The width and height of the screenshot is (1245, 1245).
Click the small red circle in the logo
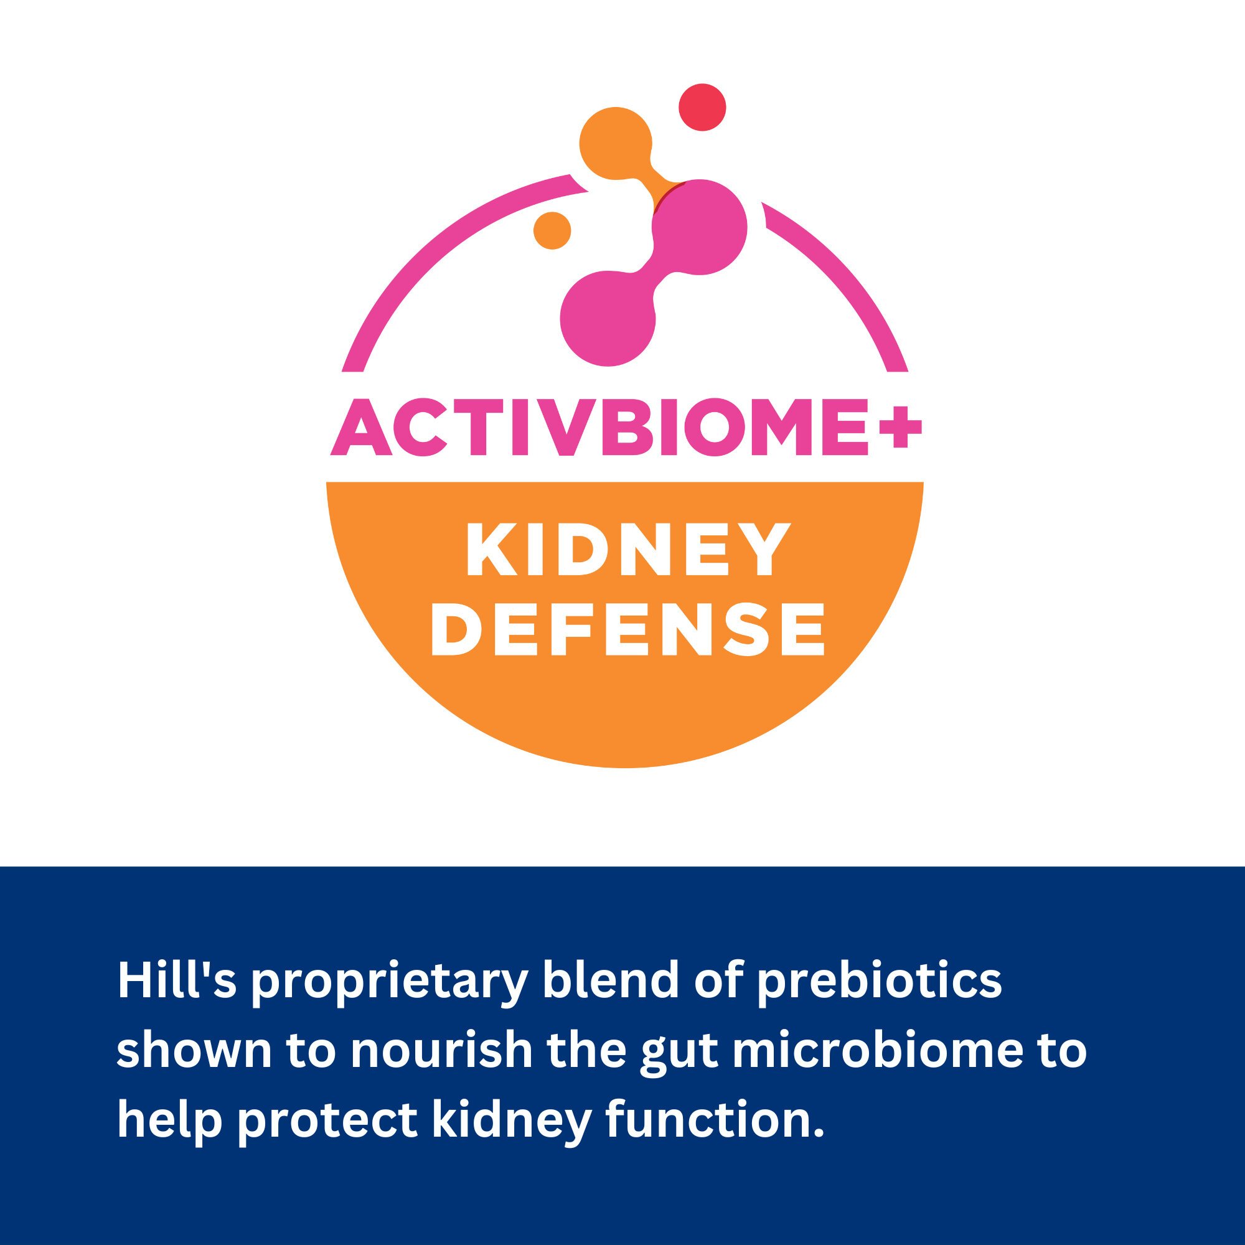(703, 107)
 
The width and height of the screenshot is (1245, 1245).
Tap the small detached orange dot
(552, 230)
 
